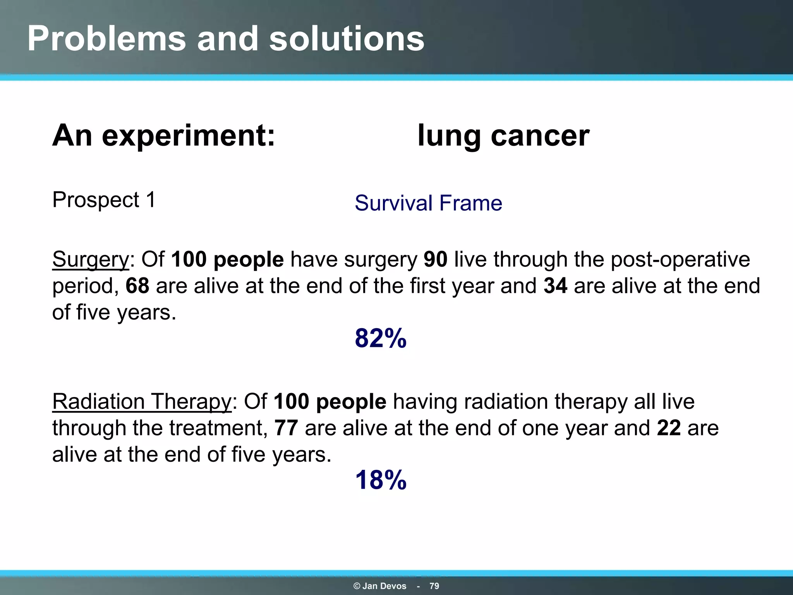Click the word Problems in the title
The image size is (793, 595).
pyautogui.click(x=106, y=39)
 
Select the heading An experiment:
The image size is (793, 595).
pyautogui.click(x=163, y=136)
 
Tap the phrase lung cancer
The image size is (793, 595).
pyautogui.click(x=503, y=136)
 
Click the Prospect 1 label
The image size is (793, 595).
pyautogui.click(x=104, y=200)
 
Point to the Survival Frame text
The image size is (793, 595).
pyautogui.click(x=428, y=203)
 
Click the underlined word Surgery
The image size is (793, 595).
pyautogui.click(x=91, y=259)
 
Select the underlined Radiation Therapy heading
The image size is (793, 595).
pyautogui.click(x=142, y=401)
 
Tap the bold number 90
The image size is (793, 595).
pyautogui.click(x=435, y=259)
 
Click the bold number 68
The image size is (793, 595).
pyautogui.click(x=137, y=286)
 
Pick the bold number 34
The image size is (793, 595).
pyautogui.click(x=555, y=286)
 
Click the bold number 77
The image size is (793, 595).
pyautogui.click(x=286, y=428)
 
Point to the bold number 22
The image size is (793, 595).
pyautogui.click(x=669, y=428)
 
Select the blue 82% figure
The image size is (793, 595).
pyautogui.click(x=381, y=338)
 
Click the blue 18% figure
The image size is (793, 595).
pyautogui.click(x=381, y=480)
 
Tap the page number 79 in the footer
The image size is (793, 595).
pyautogui.click(x=434, y=586)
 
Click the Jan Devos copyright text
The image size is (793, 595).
pyautogui.click(x=380, y=586)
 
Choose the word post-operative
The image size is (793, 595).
pyautogui.click(x=680, y=259)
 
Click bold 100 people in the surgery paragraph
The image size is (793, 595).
pyautogui.click(x=227, y=259)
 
